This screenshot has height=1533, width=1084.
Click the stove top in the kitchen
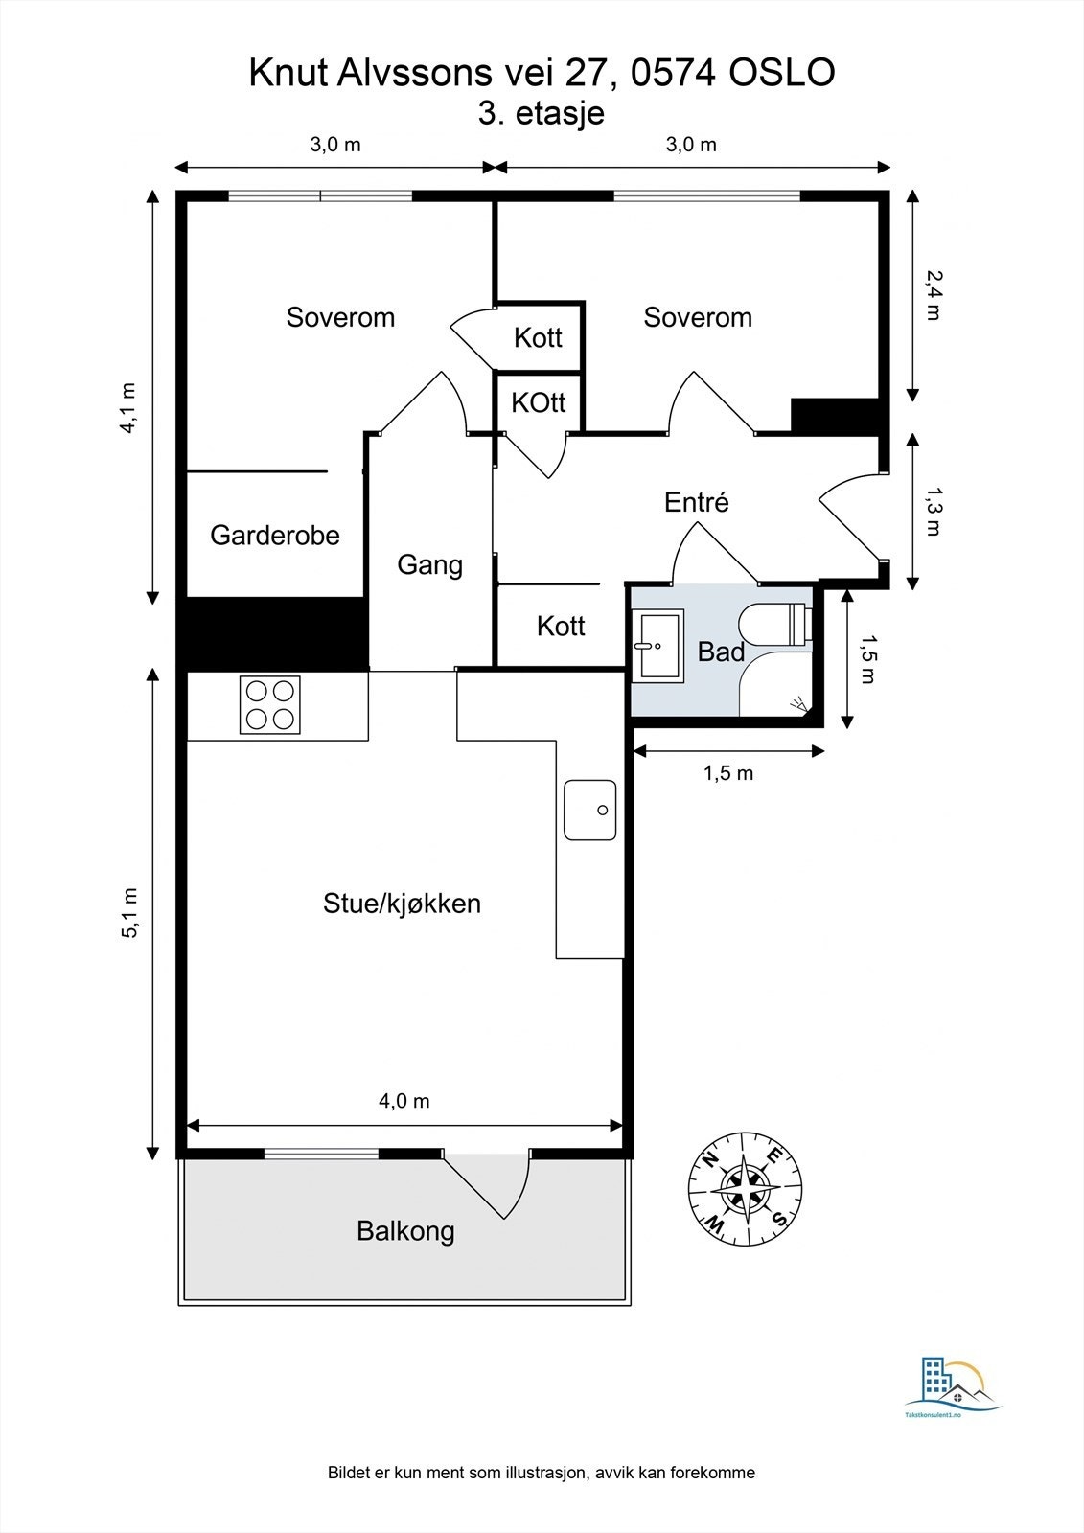click(269, 705)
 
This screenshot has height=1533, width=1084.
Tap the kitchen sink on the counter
click(589, 810)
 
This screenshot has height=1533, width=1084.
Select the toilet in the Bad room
click(774, 624)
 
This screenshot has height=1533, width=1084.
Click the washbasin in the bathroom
click(660, 646)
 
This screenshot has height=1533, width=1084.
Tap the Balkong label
click(405, 1231)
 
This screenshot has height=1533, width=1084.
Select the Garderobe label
click(275, 536)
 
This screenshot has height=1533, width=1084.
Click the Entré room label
click(697, 502)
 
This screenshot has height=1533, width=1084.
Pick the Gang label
click(430, 565)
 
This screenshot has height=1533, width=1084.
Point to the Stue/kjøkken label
click(402, 904)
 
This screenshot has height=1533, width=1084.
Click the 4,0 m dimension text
click(404, 1101)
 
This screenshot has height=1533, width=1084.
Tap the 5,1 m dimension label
click(129, 913)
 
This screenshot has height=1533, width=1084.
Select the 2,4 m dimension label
click(934, 295)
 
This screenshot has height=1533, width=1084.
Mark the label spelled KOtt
click(539, 402)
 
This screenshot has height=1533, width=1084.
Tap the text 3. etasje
click(541, 113)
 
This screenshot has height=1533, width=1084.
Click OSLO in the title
click(781, 73)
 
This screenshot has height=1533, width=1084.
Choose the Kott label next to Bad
click(561, 627)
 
